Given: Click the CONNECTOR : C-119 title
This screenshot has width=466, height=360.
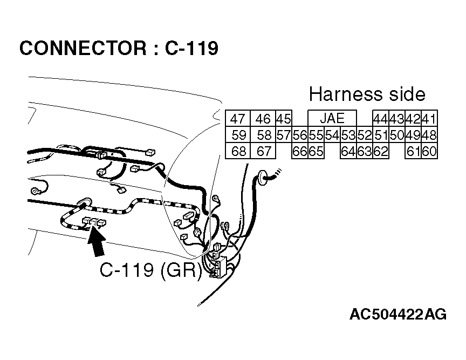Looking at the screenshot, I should click(x=119, y=48).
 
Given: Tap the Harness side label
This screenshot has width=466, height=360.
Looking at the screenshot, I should click(x=367, y=94).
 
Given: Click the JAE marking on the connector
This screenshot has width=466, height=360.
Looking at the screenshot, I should click(x=332, y=118).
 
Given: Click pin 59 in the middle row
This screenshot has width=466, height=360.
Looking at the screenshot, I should click(x=238, y=135).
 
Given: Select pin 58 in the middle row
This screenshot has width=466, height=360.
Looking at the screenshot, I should click(x=264, y=135).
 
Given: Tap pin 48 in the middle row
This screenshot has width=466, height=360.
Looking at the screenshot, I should click(x=429, y=135).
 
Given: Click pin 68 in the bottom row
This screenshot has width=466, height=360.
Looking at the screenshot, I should click(x=238, y=151).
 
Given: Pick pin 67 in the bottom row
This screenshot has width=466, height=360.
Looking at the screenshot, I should click(x=264, y=151).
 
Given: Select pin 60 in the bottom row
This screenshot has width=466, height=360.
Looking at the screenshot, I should click(x=429, y=151).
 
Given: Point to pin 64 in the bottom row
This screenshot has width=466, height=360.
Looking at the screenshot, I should click(x=348, y=151).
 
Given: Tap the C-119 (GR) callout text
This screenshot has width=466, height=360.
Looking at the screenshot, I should click(x=150, y=270).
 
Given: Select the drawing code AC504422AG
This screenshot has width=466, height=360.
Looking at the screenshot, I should click(x=398, y=315).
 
